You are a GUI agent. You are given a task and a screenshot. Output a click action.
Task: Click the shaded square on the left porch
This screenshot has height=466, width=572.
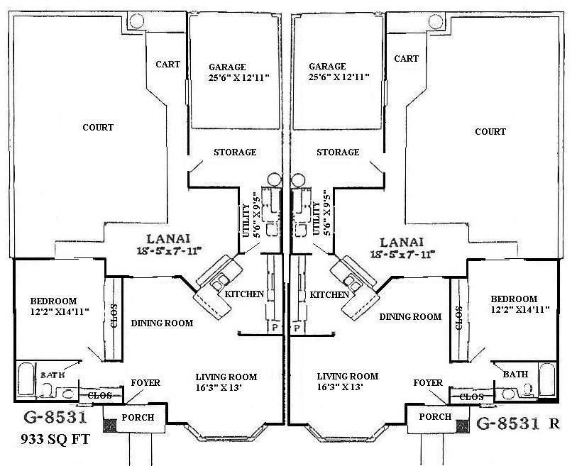coord(111,426)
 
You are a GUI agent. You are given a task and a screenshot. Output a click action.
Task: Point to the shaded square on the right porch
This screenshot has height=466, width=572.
coord(462,426)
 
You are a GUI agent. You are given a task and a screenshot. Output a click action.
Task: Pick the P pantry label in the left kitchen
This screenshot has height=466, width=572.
coord(274,328)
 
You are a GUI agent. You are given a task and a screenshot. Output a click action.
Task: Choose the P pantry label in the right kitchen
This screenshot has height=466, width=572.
coord(298,328)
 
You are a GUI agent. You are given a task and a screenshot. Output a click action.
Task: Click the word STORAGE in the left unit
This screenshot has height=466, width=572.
coord(235,152)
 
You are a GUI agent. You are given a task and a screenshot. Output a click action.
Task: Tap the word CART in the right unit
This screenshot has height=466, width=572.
coord(406,59)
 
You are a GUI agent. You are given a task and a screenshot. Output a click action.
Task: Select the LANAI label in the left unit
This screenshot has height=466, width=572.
coord(167,239)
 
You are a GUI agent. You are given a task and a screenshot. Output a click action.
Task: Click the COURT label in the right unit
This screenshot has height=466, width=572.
coord(490,131)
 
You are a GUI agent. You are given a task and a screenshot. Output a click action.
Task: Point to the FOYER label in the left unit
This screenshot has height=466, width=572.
coord(145,383)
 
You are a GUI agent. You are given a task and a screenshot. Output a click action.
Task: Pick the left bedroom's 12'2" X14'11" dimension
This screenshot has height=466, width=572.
coord(49,311)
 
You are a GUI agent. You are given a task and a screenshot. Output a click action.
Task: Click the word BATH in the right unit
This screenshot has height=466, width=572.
coord(515,374)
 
